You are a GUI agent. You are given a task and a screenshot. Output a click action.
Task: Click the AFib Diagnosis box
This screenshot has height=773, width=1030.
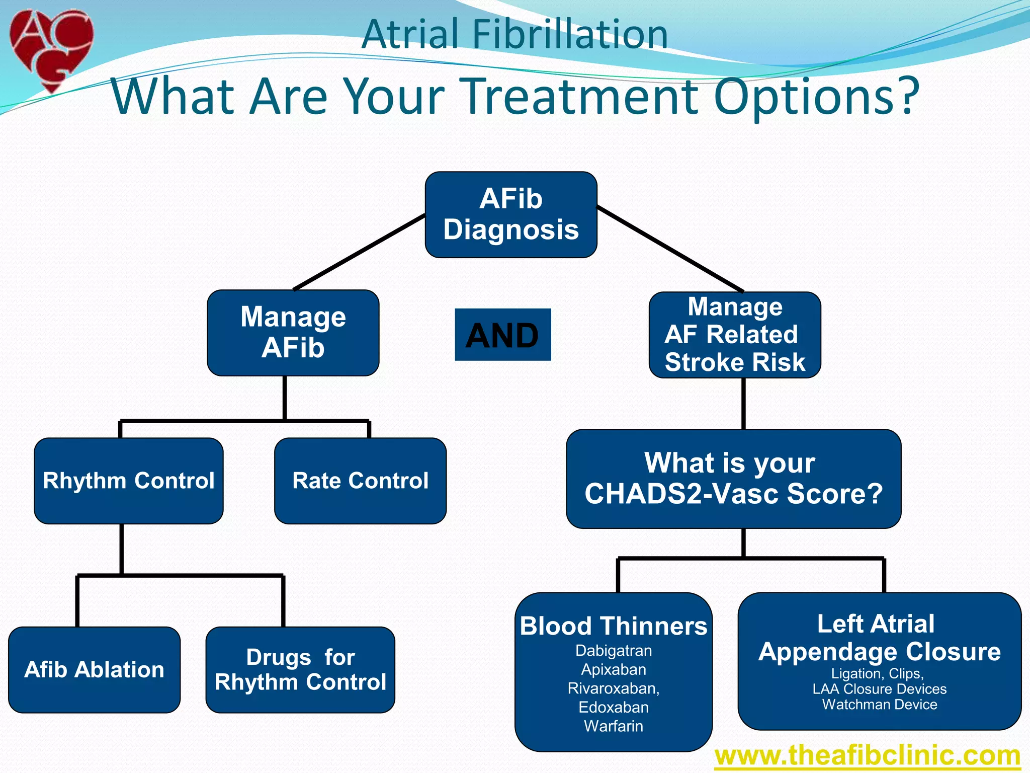pos(511,215)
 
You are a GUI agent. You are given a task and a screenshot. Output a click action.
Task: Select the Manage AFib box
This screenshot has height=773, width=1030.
pos(293,333)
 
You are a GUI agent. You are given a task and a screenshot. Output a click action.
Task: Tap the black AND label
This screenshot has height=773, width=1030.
pos(502,335)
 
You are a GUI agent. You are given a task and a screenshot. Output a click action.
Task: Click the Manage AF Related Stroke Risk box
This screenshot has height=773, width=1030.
pos(735,335)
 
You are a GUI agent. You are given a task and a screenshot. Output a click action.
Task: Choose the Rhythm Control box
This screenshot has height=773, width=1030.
pos(129,481)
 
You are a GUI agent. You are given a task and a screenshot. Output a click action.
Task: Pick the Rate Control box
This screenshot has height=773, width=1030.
pos(360,481)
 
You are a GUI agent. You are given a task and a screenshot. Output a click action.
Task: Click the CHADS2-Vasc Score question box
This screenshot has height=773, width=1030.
pos(733,479)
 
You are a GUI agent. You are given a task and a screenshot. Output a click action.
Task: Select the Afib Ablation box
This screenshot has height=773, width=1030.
pos(94,670)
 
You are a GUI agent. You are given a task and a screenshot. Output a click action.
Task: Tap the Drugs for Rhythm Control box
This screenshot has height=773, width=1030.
pos(300,670)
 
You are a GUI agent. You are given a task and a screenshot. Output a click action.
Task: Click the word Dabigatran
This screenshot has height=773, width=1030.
pos(614,651)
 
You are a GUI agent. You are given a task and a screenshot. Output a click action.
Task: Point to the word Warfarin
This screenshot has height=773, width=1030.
pos(614,726)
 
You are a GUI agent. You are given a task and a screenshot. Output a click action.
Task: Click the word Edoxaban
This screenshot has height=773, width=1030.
pos(614,707)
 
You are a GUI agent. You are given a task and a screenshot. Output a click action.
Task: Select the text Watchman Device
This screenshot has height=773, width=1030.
pos(880,705)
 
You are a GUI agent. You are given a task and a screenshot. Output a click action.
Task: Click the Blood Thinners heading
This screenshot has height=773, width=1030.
pos(614,626)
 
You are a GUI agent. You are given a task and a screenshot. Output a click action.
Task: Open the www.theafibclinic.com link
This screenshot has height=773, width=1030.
pos(868,755)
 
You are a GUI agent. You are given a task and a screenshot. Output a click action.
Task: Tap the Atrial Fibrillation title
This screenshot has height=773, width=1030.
pos(514,34)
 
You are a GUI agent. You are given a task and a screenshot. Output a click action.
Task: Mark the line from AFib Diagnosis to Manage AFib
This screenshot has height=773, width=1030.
pos(360,252)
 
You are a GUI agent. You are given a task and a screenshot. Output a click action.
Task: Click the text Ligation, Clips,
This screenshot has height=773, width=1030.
pos(878,673)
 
